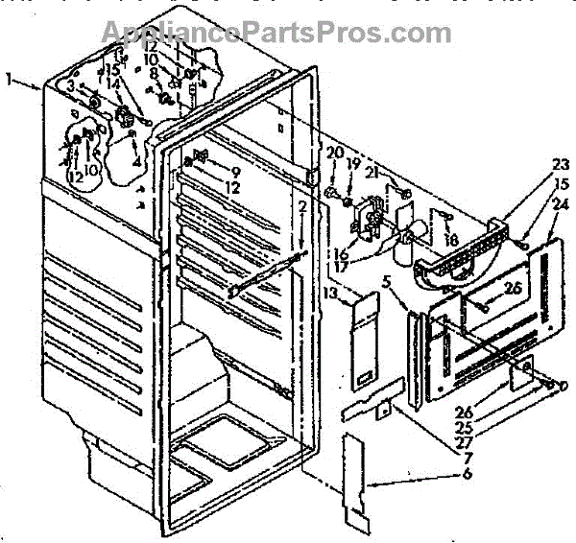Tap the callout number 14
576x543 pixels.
(x=115, y=83)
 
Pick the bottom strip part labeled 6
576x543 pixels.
(x=359, y=484)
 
